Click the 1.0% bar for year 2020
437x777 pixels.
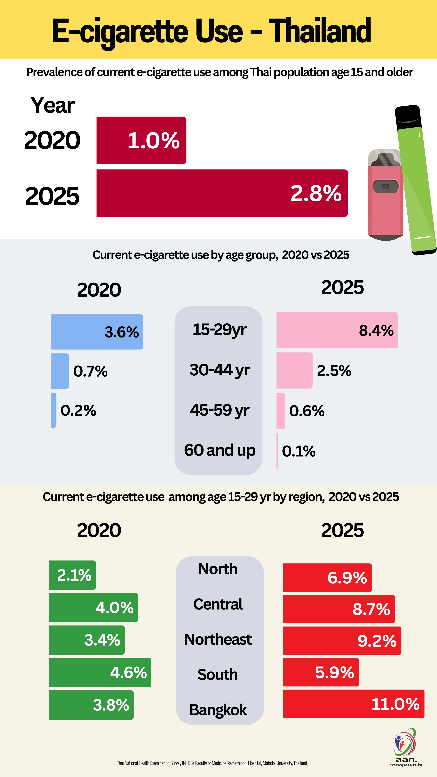point(141,140)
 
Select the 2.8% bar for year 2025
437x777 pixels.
point(222,193)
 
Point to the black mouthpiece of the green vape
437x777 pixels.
point(408,116)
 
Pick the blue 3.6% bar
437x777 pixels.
point(97,332)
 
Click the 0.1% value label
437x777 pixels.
point(299,451)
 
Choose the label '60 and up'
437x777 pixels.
point(220,450)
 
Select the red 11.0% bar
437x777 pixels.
point(353,704)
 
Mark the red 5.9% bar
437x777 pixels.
point(321,672)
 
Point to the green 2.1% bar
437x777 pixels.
point(72,575)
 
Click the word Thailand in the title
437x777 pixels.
point(320,31)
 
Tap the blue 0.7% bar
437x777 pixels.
point(60,371)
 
